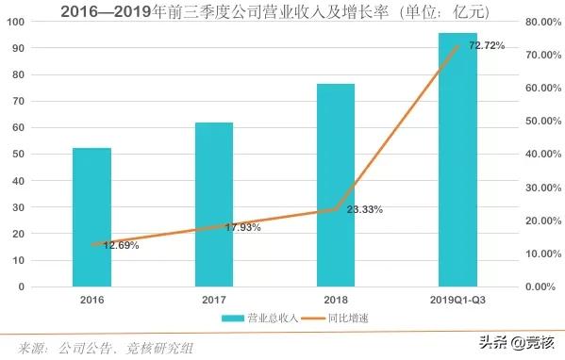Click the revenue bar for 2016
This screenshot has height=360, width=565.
pos(92,217)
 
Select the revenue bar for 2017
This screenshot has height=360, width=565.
pos(214,204)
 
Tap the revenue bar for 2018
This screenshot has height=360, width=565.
pos(336,185)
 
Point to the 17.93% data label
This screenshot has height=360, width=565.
pos(242,226)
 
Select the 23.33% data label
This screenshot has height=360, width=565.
pos(364,209)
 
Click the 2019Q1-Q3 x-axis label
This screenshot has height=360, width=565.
pos(457,299)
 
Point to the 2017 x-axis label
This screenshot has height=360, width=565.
pos(214,299)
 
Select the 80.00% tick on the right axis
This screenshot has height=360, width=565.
pos(543,22)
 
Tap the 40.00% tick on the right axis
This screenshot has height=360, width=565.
pos(543,154)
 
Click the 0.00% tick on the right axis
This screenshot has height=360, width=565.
pos(545,286)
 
